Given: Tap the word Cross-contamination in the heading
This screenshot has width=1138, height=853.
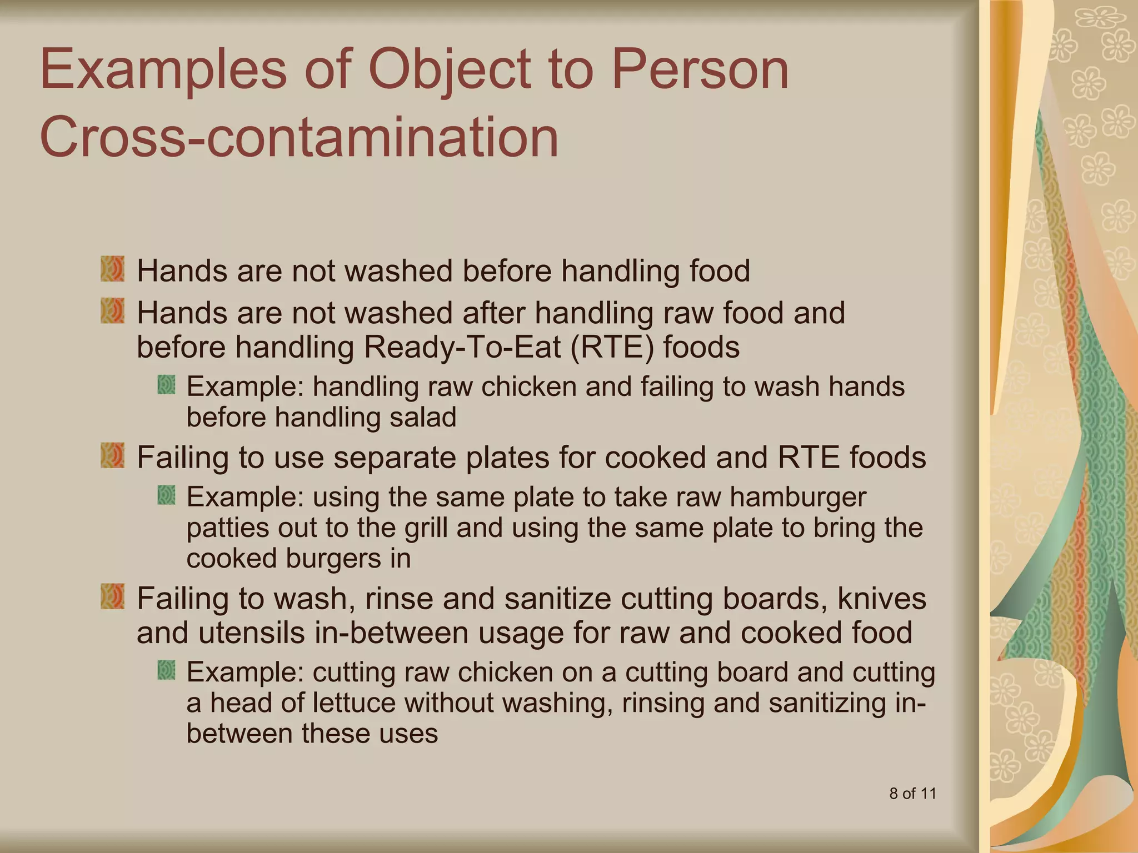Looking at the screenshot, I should click(x=299, y=137).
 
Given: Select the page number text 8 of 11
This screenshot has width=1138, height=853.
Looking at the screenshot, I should click(x=912, y=793).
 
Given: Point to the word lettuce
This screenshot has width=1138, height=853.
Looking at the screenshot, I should click(x=354, y=703).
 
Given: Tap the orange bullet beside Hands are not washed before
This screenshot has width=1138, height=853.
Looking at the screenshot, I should click(x=112, y=269).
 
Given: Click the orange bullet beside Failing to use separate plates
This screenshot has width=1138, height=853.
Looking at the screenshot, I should click(x=112, y=455).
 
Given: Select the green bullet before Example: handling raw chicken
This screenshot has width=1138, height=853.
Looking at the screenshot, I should click(x=166, y=384).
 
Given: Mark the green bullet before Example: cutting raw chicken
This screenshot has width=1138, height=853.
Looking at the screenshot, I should click(x=166, y=670).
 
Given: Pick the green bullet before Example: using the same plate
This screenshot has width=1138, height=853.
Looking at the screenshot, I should click(x=166, y=495).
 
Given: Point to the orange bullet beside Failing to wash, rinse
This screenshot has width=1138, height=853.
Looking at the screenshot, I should click(x=112, y=596).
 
